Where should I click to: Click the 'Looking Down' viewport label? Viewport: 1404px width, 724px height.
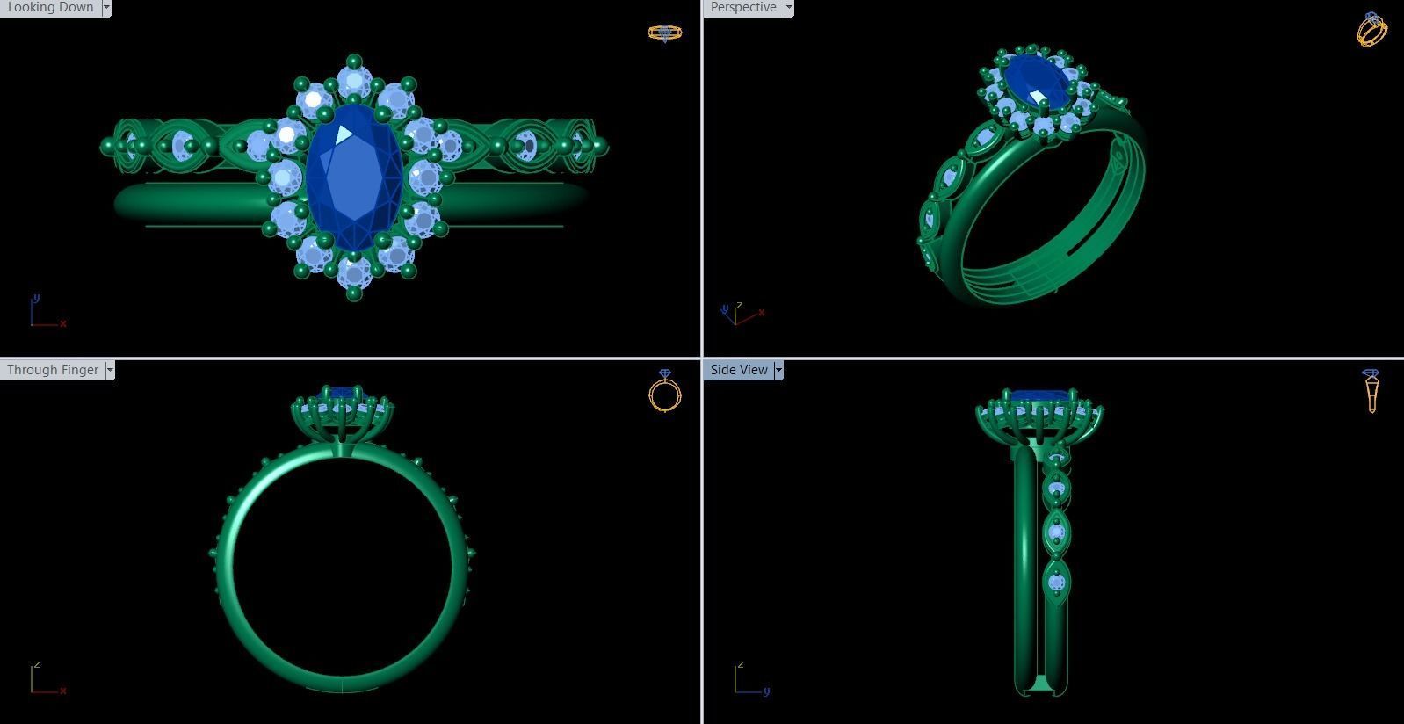pos(50,7)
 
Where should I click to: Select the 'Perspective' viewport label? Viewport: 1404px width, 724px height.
pos(743,7)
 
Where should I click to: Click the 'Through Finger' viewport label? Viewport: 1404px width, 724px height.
pos(53,370)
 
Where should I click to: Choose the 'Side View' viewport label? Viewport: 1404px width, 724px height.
pos(739,370)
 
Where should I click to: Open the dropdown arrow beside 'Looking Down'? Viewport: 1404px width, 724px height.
pos(106,7)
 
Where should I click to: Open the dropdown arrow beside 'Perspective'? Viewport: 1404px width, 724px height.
pos(789,7)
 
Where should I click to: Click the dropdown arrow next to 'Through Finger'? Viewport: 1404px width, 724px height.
pos(110,370)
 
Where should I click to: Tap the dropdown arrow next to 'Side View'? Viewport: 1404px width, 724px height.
pos(778,370)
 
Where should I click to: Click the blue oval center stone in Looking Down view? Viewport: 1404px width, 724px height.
pos(353,176)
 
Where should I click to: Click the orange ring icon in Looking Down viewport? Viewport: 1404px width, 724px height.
pos(665,33)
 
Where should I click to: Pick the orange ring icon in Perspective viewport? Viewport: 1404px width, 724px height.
pos(1371,30)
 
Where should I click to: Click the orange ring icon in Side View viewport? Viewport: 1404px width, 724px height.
pos(1371,391)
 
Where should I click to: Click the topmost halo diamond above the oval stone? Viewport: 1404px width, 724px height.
pos(354,83)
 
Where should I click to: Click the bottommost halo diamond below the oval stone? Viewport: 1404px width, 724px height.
pos(354,272)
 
